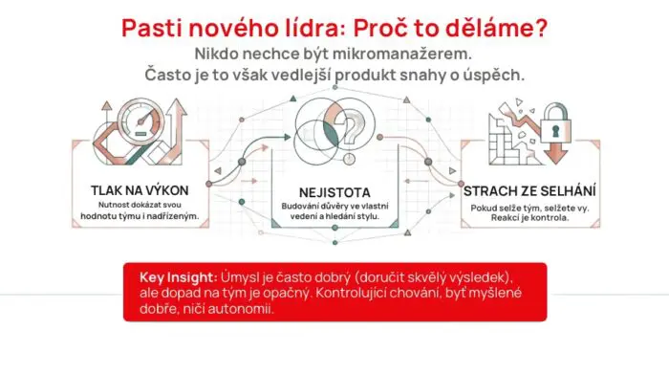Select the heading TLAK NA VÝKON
click(x=139, y=189)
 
